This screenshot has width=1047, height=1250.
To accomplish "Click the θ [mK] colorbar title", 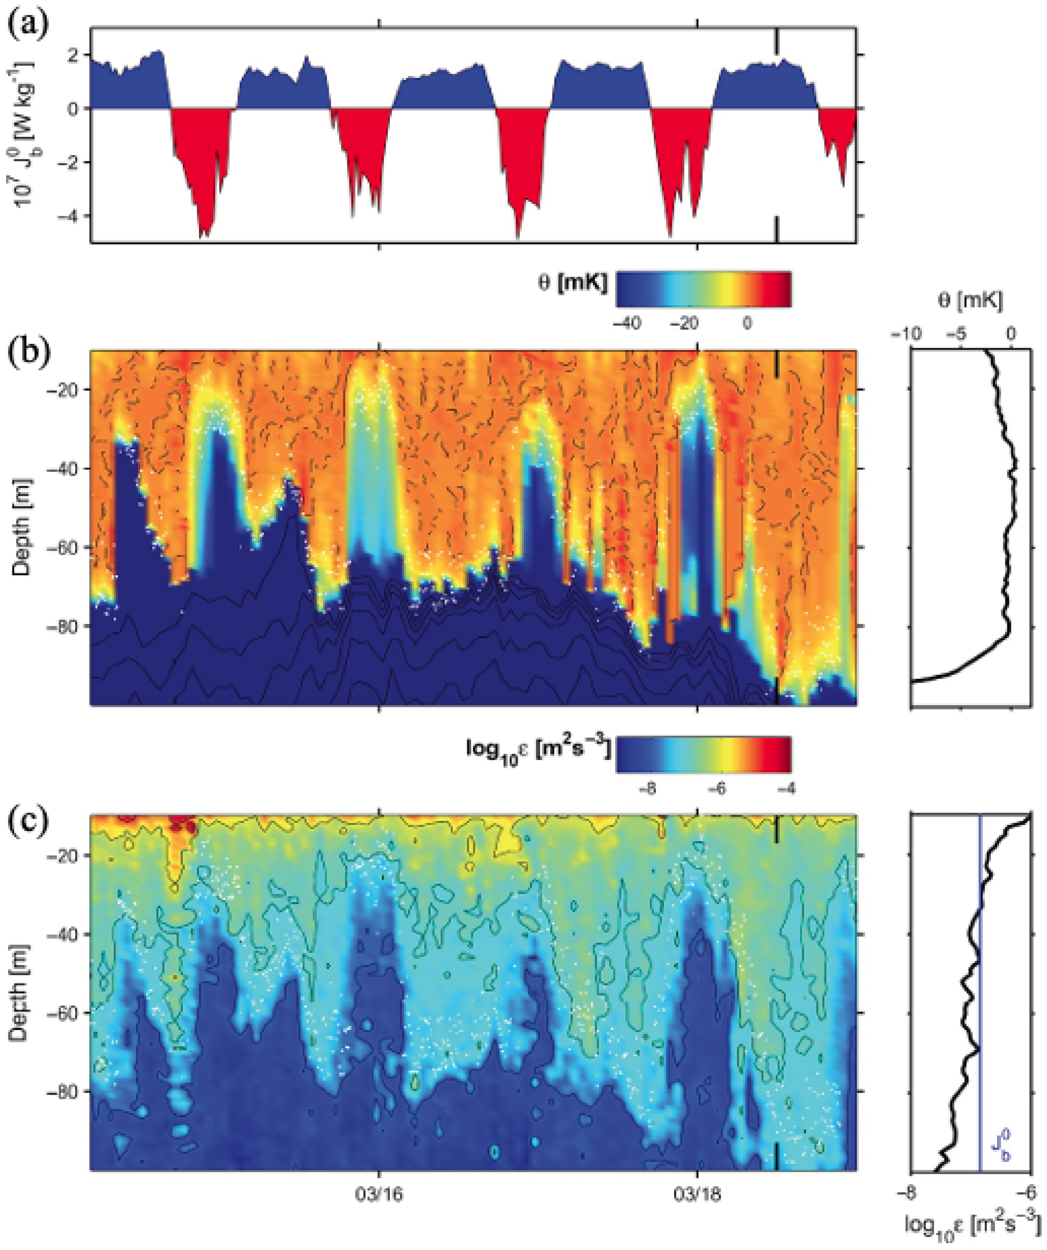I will click(x=572, y=283).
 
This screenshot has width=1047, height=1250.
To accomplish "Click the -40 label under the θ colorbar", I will click(x=627, y=323).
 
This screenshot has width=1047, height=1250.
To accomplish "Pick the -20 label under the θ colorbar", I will click(x=685, y=323).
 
